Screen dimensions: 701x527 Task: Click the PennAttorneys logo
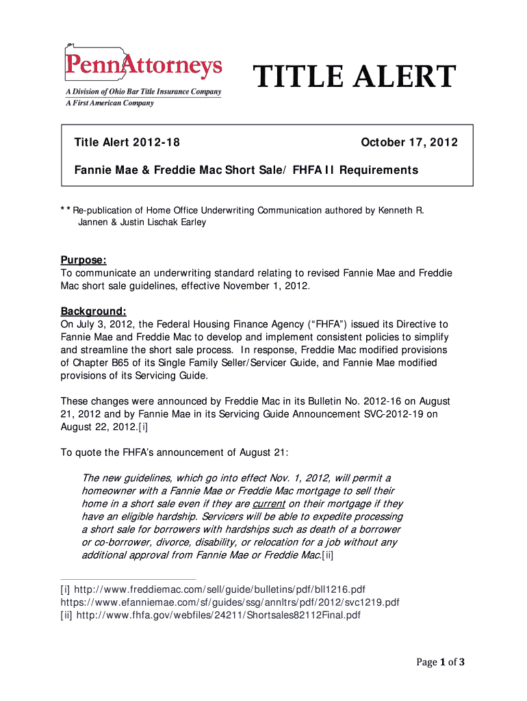click(x=143, y=66)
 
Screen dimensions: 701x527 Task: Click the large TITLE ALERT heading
click(x=355, y=77)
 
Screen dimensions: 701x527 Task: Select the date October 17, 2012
click(x=409, y=143)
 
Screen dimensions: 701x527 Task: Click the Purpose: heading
click(x=83, y=260)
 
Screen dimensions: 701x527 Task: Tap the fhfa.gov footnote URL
click(x=218, y=615)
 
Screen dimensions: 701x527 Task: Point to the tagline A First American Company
click(x=110, y=103)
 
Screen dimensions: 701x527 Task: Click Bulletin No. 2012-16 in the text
click(x=337, y=401)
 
